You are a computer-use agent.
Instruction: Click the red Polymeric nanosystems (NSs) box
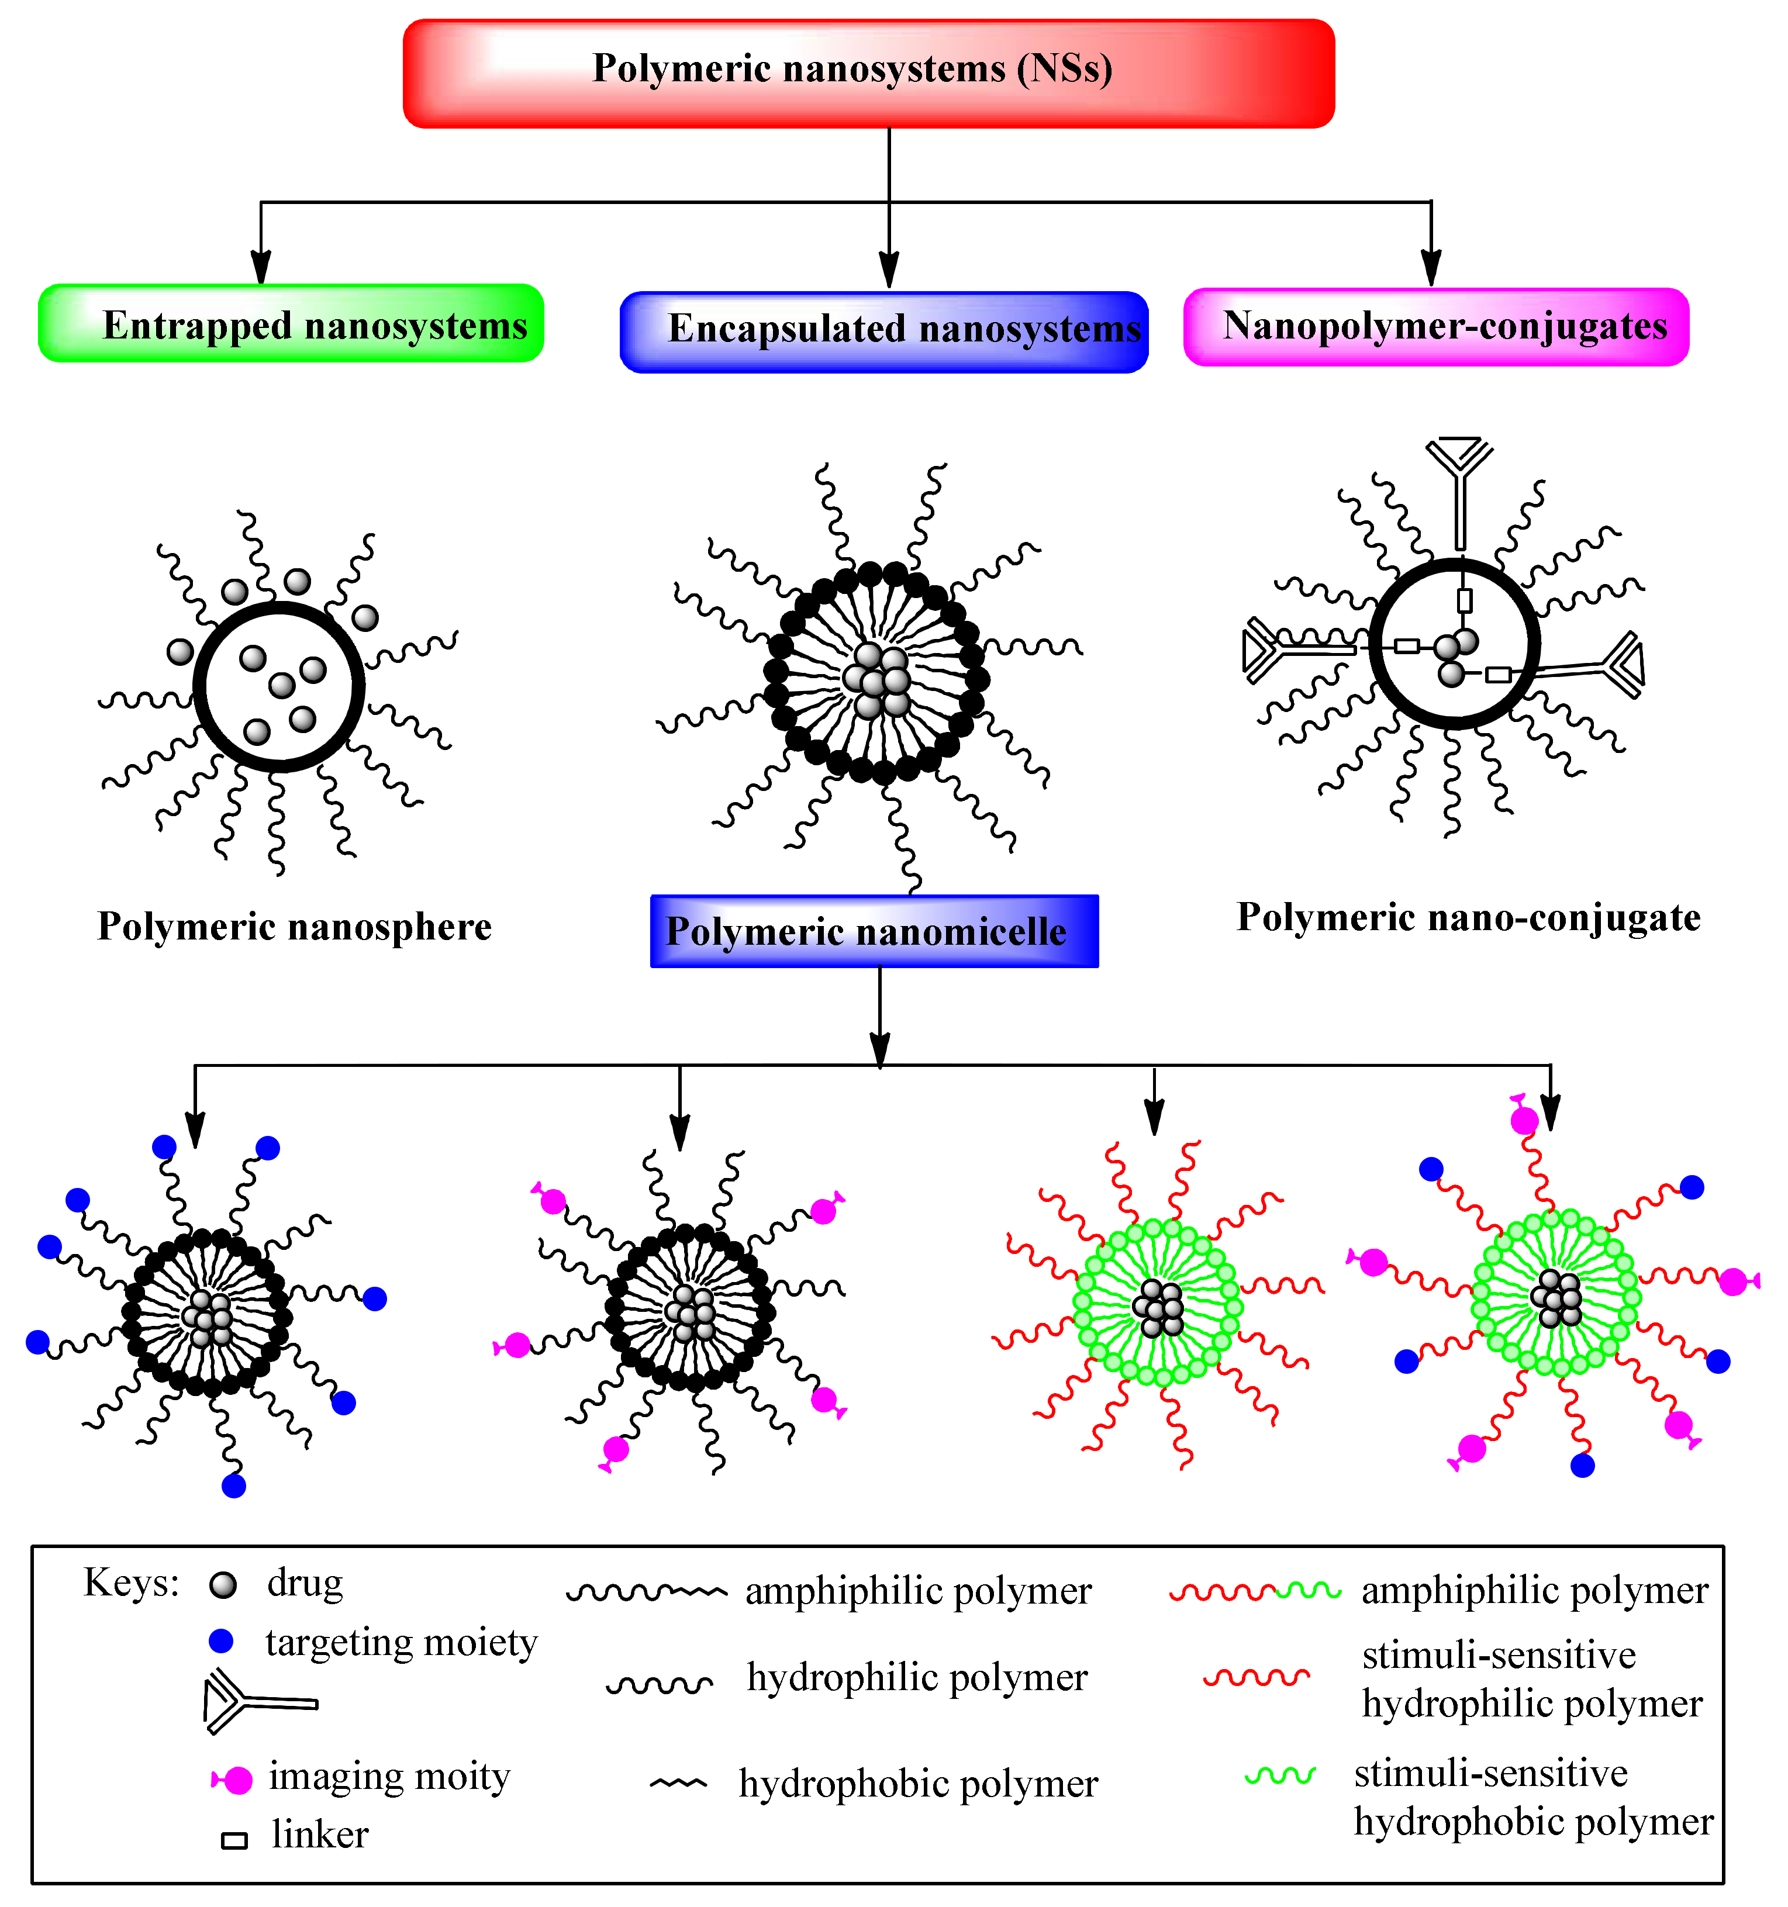(868, 73)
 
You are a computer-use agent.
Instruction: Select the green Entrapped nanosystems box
(291, 323)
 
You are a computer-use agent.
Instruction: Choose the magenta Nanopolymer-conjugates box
(1436, 326)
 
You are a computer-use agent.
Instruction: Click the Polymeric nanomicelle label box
(874, 931)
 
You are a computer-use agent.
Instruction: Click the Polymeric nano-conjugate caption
(1469, 918)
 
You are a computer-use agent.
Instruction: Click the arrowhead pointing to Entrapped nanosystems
(261, 268)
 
